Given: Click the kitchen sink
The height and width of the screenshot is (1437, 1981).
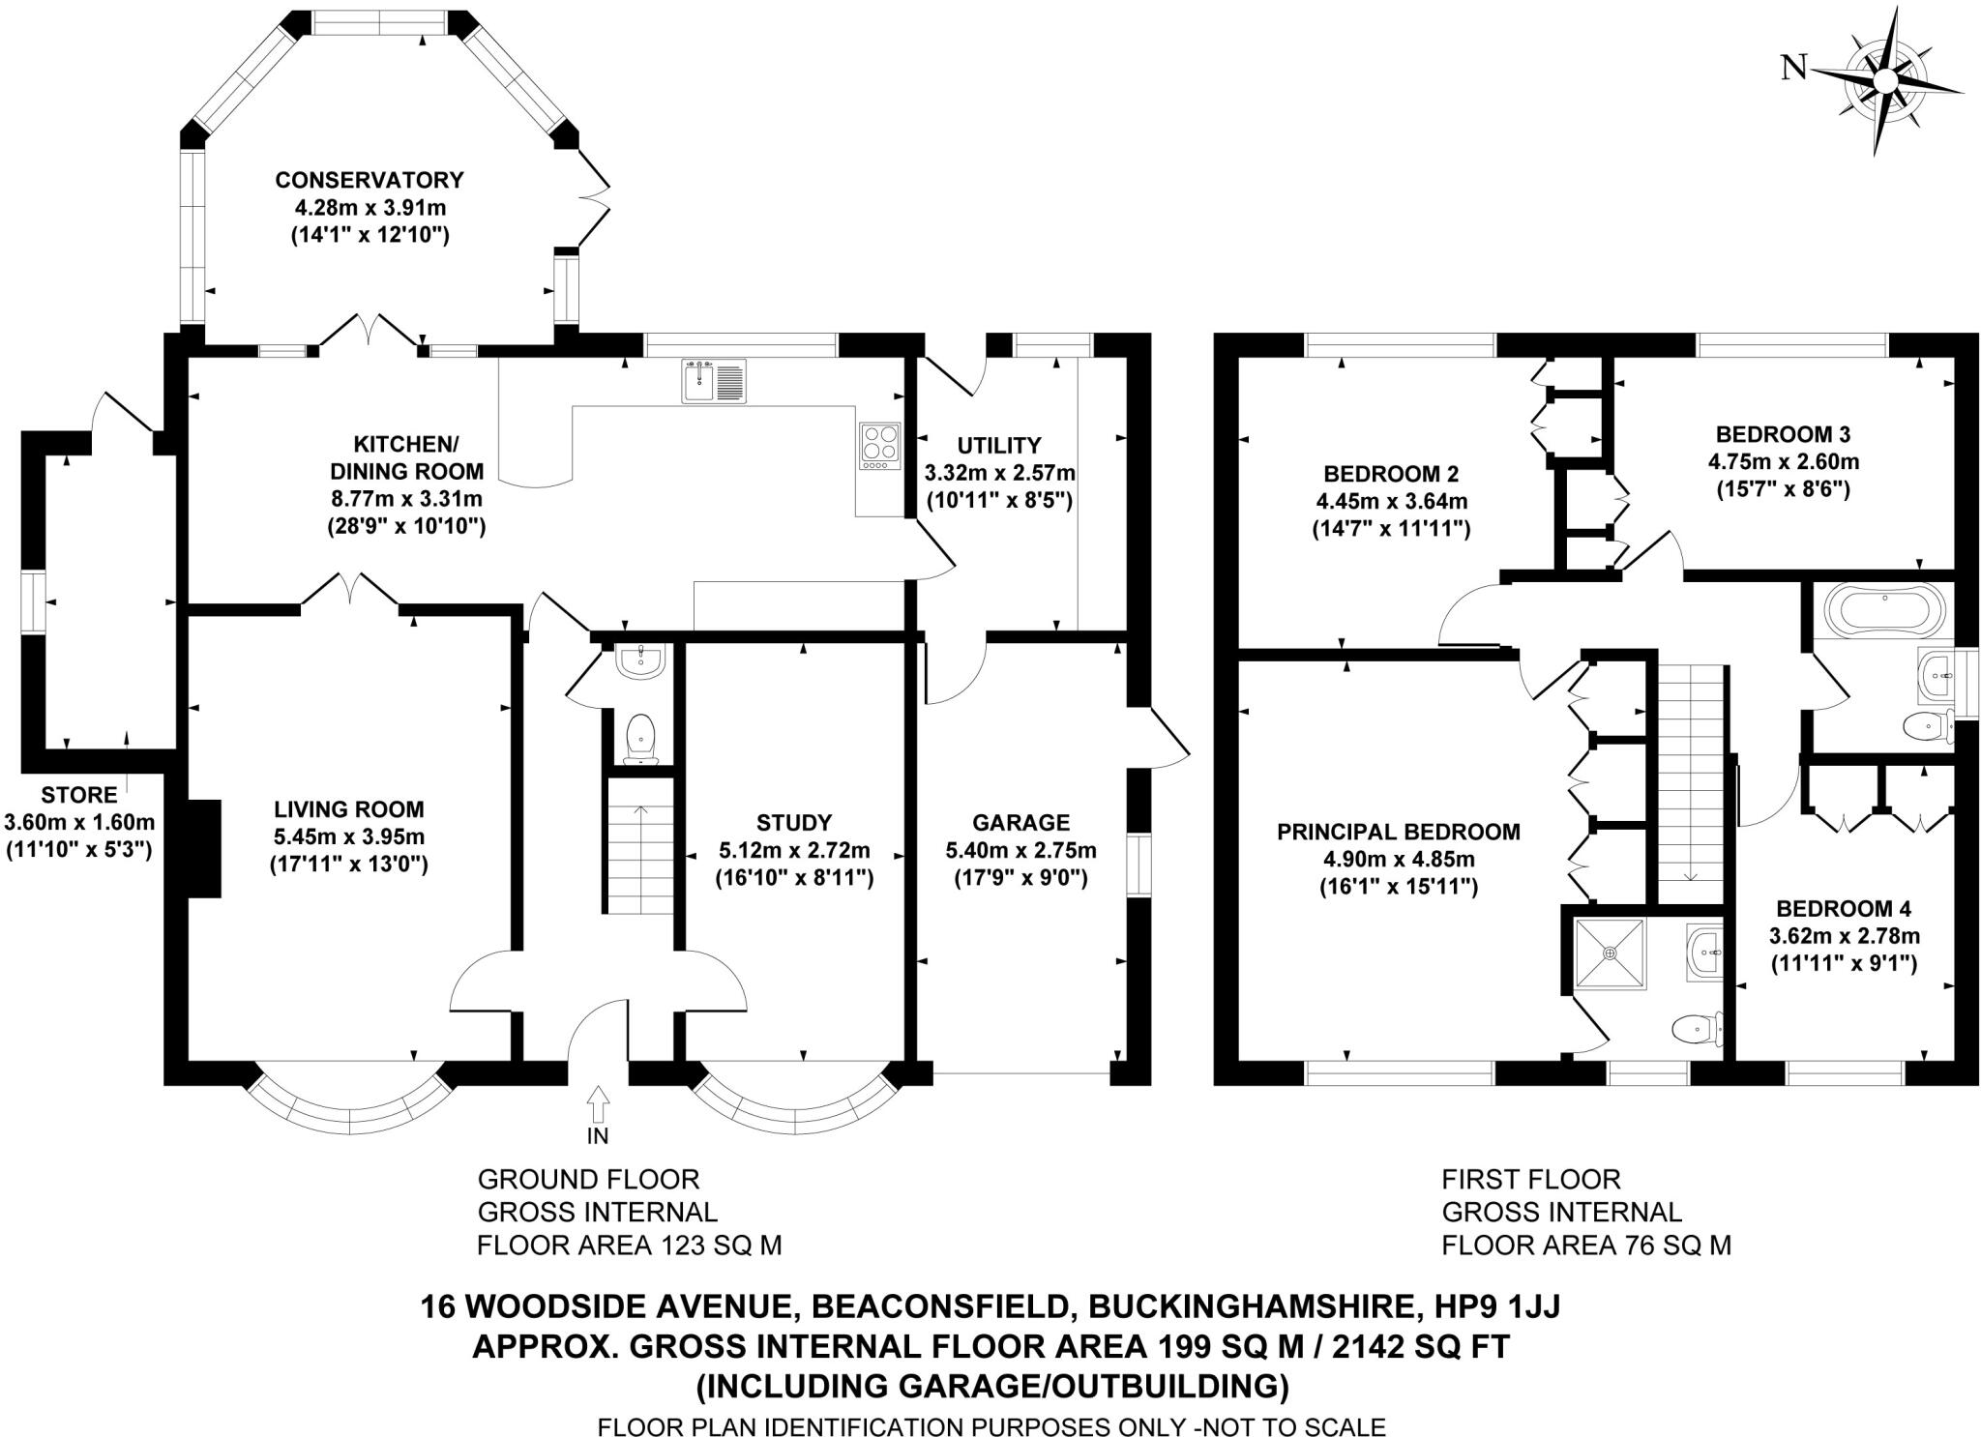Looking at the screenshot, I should tap(714, 380).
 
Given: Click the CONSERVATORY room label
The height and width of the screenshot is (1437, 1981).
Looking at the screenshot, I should tap(370, 180).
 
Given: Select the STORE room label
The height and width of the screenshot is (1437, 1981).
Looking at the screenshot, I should tap(79, 795).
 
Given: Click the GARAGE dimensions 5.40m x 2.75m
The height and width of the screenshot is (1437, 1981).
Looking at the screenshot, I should tap(1020, 850).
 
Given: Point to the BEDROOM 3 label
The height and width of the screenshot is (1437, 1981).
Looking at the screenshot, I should tap(1783, 434).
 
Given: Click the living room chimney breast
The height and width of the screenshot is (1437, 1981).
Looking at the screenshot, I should tap(204, 848).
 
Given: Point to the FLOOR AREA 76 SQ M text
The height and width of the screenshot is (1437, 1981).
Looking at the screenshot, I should tap(1585, 1245).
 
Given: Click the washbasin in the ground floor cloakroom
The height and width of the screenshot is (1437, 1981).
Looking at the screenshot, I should tap(639, 661).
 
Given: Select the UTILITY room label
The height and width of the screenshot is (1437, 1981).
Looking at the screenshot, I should tap(999, 446).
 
